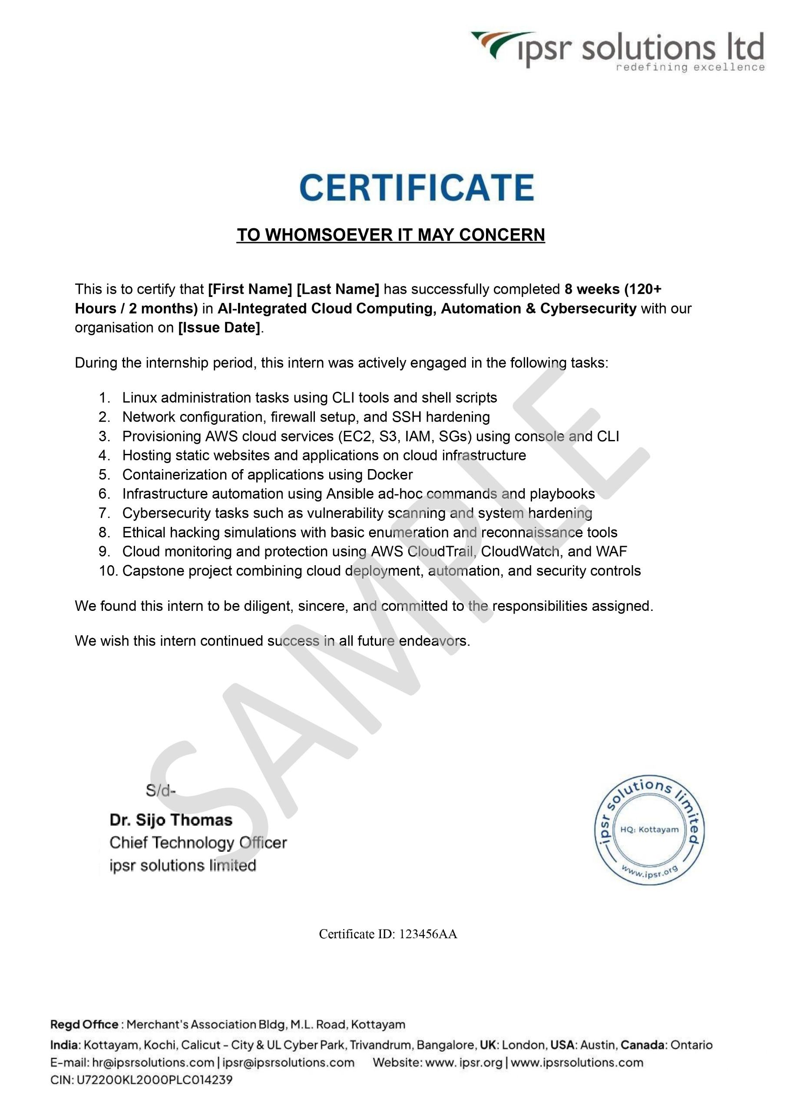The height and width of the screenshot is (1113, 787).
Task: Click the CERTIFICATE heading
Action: tap(417, 188)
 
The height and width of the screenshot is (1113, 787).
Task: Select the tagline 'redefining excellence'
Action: tap(690, 67)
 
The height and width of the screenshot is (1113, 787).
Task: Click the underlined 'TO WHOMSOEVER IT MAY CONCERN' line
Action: tap(390, 235)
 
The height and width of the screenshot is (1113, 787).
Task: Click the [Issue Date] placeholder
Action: tap(219, 327)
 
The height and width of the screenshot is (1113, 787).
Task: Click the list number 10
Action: tap(108, 570)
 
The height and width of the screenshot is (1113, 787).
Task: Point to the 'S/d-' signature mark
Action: tap(160, 790)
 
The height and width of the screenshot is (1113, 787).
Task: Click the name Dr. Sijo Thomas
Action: tap(171, 820)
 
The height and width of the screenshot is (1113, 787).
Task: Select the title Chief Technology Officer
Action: tap(198, 843)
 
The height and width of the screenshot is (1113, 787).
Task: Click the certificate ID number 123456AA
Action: tap(428, 934)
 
